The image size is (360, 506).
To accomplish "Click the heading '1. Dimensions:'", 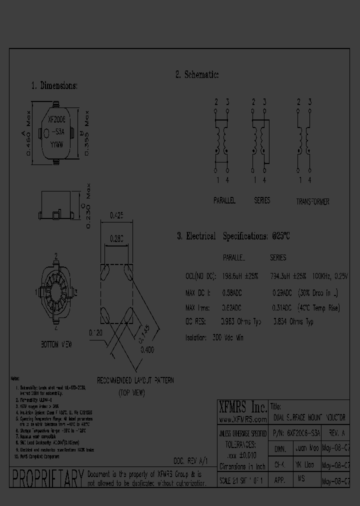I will pyautogui.click(x=54, y=85).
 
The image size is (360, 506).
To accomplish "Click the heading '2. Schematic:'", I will pyautogui.click(x=197, y=74).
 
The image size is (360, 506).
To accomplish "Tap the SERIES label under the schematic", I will pyautogui.click(x=262, y=200).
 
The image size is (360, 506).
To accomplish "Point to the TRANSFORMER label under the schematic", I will pyautogui.click(x=312, y=201).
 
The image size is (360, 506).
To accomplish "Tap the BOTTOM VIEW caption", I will pyautogui.click(x=56, y=345).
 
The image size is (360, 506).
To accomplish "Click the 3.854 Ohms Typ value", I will pyautogui.click(x=293, y=322).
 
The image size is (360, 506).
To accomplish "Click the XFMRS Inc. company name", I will pyautogui.click(x=243, y=406).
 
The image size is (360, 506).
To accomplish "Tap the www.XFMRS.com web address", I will pyautogui.click(x=243, y=419).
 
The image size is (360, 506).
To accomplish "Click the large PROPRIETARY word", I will pyautogui.click(x=47, y=478).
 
